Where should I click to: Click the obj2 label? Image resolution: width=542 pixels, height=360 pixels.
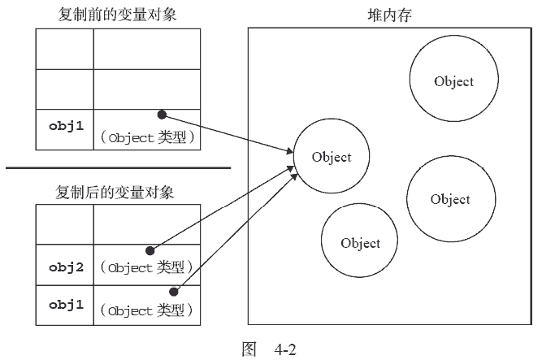65,265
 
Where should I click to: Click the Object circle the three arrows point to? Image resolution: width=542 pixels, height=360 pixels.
332,157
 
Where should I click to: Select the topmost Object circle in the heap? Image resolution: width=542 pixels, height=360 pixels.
453,81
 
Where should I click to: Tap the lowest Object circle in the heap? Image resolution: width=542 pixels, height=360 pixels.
361,242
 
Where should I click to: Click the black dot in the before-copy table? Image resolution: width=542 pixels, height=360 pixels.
162,114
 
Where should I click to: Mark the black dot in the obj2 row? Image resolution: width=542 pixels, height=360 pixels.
150,250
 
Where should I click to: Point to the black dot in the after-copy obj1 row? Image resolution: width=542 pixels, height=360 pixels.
173,290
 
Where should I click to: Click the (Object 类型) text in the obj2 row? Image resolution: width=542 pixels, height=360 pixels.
146,267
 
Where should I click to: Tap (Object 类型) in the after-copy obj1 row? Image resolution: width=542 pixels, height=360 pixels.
146,310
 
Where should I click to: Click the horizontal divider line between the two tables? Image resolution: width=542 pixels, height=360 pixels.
119,168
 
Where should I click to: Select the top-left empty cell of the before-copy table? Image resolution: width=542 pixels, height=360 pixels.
65,49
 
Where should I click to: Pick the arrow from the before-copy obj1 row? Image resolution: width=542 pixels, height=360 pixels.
228,132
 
